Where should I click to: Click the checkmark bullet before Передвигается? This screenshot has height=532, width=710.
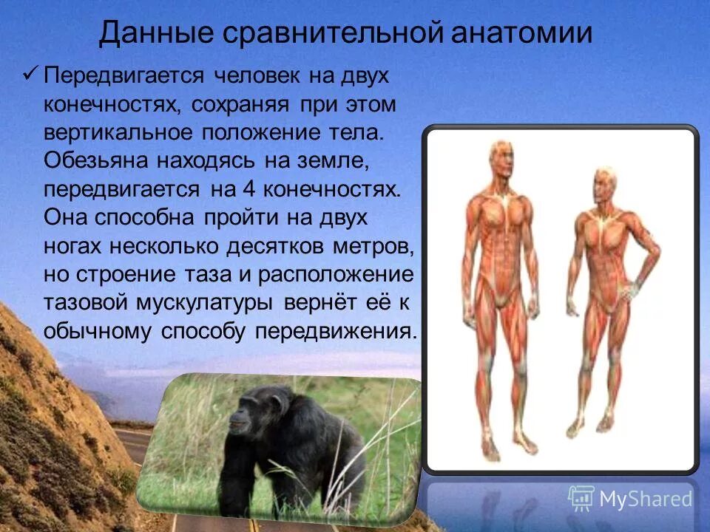[x=30, y=75]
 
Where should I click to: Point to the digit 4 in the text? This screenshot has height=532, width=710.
[x=248, y=188]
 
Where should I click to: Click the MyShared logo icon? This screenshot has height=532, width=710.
[x=581, y=498]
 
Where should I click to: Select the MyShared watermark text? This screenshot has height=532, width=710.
[x=646, y=499]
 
